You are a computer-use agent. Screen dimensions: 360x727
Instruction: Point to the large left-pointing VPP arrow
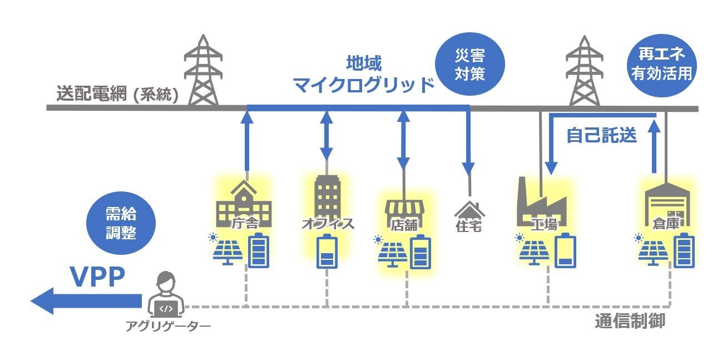tap(83, 301)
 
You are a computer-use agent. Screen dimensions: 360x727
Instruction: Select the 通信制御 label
tap(630, 321)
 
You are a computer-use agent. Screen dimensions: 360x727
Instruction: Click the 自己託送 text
tap(601, 136)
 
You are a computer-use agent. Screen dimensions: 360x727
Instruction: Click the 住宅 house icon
tap(469, 210)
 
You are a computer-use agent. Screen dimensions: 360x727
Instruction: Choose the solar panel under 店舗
tap(393, 253)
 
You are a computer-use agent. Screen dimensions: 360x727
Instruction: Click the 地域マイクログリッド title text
tap(363, 73)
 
